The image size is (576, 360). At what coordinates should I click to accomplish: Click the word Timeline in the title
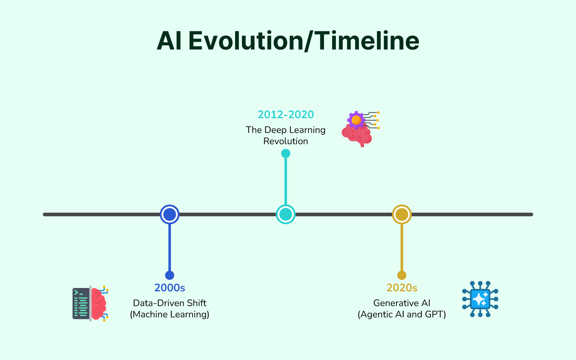coord(367,41)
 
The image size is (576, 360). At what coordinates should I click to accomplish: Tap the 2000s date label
coord(170,288)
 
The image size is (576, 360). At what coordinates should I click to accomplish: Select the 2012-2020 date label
coord(286,115)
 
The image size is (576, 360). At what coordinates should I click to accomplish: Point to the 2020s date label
coord(402,288)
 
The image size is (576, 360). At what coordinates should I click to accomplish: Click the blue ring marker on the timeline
coord(170,206)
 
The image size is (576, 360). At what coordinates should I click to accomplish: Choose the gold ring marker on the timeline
coord(402,206)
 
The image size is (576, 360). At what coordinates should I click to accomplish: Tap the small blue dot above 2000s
coord(170,275)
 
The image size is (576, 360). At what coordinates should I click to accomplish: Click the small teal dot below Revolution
coord(286,153)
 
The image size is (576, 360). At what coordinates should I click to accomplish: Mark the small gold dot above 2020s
coord(402,275)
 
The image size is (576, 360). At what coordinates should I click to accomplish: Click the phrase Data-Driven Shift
coord(170,303)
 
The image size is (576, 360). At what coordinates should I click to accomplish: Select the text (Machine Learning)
coord(170,315)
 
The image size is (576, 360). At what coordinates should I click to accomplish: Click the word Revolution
coord(286,141)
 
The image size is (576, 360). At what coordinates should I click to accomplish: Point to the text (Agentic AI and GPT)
coord(402,315)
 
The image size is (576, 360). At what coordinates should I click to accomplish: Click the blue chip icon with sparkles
coord(480,299)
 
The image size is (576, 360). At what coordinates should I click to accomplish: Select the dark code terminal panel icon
coord(81,303)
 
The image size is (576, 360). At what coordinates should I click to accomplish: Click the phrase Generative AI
coord(402,303)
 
